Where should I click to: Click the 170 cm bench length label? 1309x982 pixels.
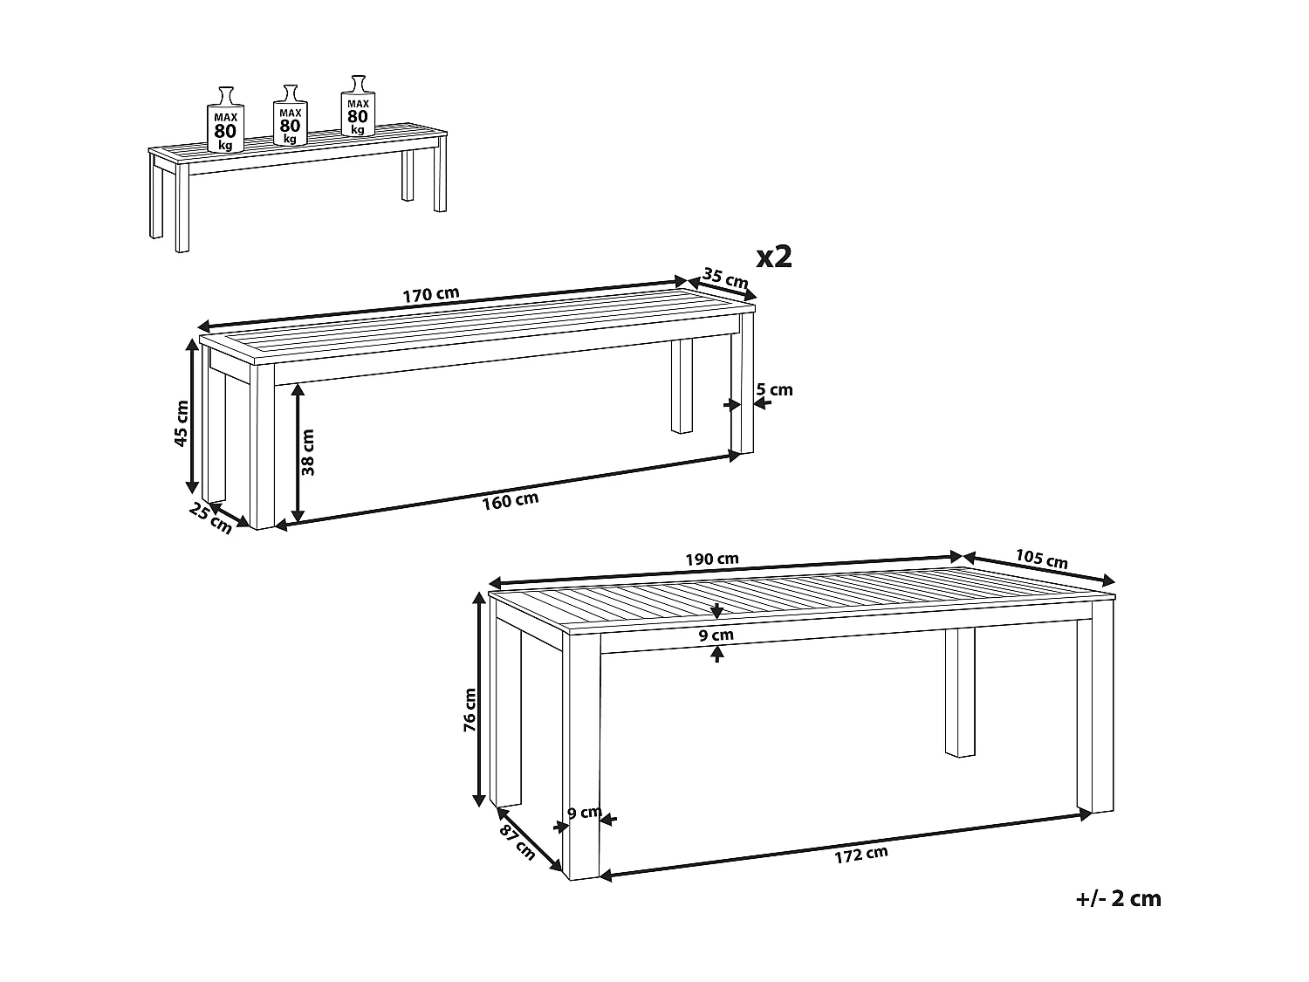click(430, 295)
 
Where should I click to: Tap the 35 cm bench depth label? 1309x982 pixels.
click(725, 279)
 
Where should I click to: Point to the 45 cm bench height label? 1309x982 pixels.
click(182, 423)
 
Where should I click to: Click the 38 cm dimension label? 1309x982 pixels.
click(308, 452)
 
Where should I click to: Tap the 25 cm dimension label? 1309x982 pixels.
click(211, 519)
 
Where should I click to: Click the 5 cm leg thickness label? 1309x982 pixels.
click(776, 389)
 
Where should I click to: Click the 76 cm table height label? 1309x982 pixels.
click(470, 708)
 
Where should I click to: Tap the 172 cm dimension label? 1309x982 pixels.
click(860, 855)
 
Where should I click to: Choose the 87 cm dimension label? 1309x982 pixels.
click(517, 839)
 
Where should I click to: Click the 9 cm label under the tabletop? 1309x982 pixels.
click(716, 635)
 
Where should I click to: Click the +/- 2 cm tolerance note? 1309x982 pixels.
click(1119, 899)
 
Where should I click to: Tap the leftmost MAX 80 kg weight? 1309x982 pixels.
click(225, 122)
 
